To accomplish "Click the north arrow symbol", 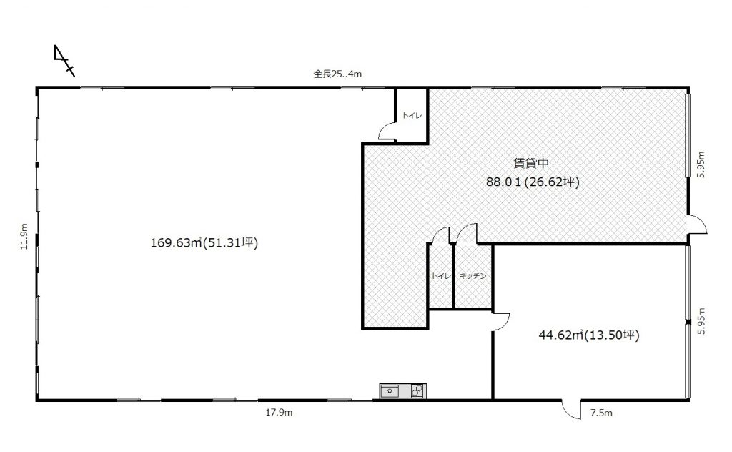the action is point(64,61).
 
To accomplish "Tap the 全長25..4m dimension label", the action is point(337,74).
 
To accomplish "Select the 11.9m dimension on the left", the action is point(24,236).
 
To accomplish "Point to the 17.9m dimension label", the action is point(280,413).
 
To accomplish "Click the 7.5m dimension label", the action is point(601,413).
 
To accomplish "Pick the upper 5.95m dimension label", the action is point(701,164).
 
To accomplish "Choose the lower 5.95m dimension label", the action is point(701,321).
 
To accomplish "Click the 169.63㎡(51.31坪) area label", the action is point(204,243).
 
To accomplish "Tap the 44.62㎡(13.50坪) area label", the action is point(589,335).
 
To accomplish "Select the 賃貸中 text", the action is point(531,163).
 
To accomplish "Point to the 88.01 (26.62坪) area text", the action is point(533,181).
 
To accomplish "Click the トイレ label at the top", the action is point(412,115).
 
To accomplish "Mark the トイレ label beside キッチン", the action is point(441,276).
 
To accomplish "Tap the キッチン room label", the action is point(473,276).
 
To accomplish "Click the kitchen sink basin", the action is point(390,391).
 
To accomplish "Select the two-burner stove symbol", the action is point(417,390).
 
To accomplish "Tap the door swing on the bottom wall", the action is point(570,410).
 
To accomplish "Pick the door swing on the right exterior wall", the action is point(698,224).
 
